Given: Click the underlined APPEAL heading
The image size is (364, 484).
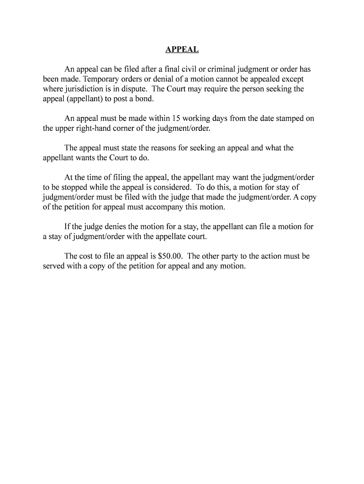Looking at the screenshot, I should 182,50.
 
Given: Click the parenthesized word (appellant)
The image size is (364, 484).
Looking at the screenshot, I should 89,99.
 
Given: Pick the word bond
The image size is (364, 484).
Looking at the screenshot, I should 144,99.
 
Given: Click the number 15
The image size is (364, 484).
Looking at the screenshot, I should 177,119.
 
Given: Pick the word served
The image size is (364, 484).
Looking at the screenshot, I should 54,266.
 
